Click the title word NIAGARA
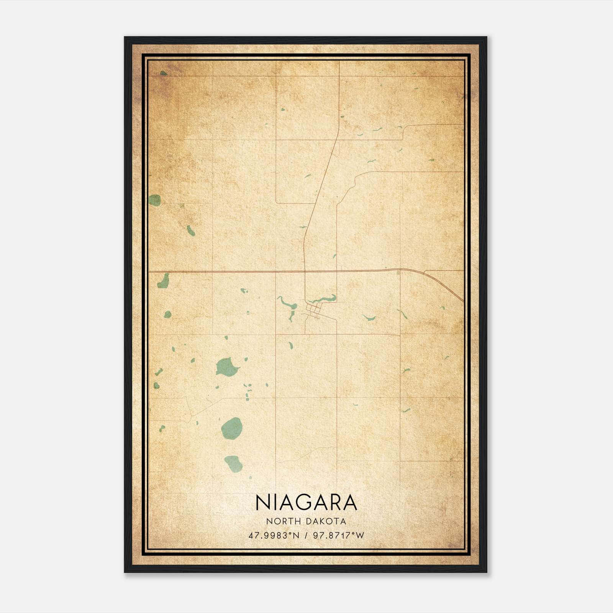click(x=306, y=503)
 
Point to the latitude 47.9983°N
click(x=274, y=535)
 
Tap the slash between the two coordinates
click(x=306, y=535)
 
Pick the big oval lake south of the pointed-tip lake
click(x=232, y=428)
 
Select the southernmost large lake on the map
click(x=233, y=464)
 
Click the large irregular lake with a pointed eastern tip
click(x=226, y=367)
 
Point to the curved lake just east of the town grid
click(x=326, y=299)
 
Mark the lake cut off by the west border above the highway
click(x=154, y=200)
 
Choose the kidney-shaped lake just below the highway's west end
click(x=163, y=281)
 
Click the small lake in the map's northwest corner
click(x=164, y=73)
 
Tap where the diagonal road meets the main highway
click(x=305, y=271)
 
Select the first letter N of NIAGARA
click(x=262, y=503)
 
